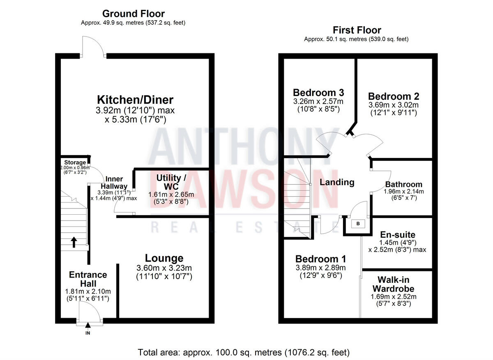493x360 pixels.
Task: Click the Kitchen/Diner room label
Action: click(135, 100)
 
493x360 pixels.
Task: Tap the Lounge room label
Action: click(164, 258)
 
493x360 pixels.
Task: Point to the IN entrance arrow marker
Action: click(88, 326)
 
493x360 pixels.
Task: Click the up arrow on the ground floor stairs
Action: click(74, 242)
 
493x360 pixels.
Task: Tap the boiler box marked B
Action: click(358, 224)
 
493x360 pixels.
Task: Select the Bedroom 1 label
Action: click(320, 259)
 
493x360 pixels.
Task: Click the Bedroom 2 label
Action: click(394, 96)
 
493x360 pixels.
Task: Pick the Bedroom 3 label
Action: click(318, 92)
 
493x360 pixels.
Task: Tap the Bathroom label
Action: click(403, 184)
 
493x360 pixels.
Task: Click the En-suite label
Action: click(397, 235)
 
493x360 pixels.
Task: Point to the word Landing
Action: click(337, 182)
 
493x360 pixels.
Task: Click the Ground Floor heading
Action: click(134, 14)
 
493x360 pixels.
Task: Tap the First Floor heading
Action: click(357, 30)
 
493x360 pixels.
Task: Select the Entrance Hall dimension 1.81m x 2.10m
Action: click(88, 291)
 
